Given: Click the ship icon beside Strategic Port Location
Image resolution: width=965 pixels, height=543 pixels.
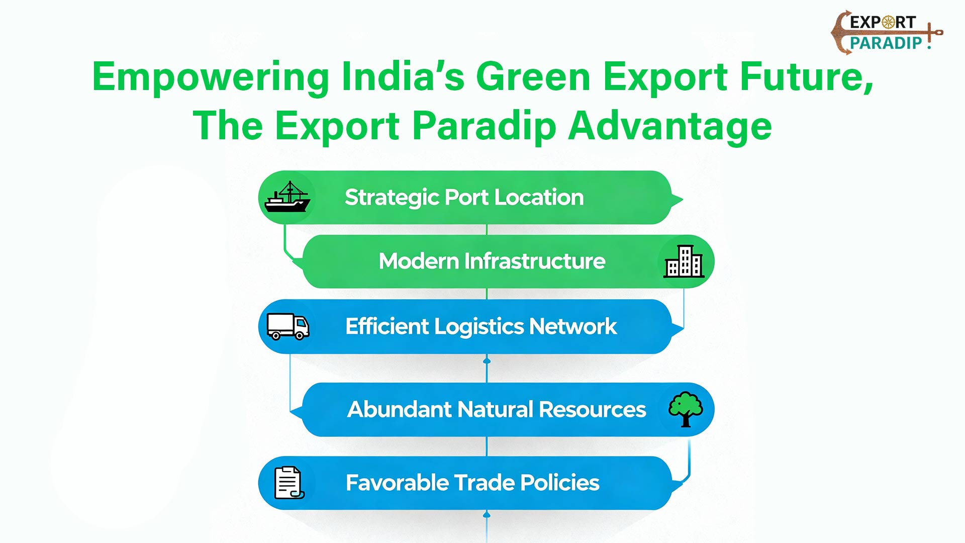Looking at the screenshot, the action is pos(287,197).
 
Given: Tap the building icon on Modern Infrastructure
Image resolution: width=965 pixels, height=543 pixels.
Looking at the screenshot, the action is pos(684,261).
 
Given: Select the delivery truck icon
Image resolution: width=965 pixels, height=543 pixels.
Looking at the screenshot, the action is pos(287,326).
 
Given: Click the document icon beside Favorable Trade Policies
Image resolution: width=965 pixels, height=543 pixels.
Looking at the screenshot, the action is pos(289,483).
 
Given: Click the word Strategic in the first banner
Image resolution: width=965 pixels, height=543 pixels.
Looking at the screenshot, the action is pos(392,198).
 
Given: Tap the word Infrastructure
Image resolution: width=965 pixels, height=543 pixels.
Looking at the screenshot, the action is pos(535,261).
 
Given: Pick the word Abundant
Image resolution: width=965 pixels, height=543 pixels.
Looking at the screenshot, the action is pos(400,409).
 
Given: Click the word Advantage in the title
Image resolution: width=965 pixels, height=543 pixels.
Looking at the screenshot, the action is pos(670,127).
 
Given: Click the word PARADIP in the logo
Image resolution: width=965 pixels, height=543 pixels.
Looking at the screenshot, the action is pos(886,43).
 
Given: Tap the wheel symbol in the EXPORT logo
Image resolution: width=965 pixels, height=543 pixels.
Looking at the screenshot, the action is pos(889,22).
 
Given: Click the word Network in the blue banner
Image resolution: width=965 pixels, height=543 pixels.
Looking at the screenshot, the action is pos(573,326).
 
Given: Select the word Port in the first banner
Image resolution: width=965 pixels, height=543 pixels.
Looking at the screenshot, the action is pos(466,198).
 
